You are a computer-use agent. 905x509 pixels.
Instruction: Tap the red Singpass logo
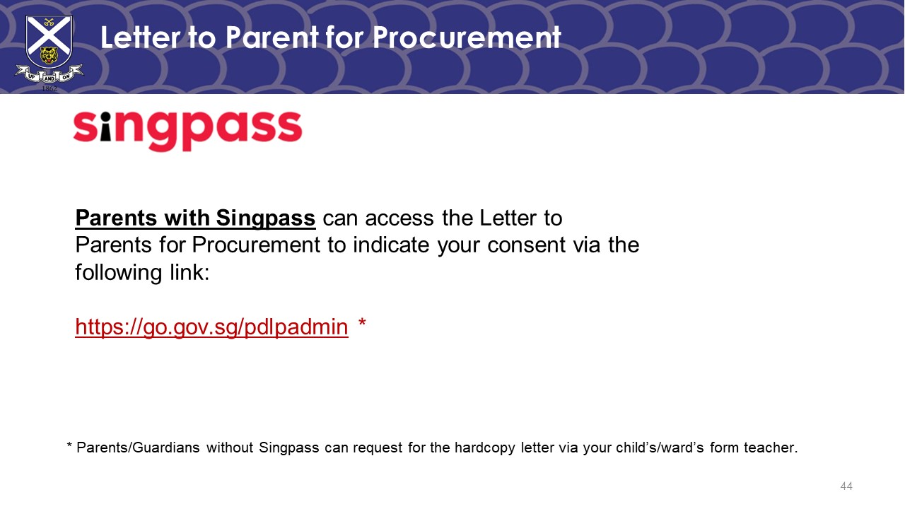pos(187,130)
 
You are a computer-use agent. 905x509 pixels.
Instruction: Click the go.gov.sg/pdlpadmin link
pos(211,327)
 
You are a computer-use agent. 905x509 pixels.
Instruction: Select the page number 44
pos(846,486)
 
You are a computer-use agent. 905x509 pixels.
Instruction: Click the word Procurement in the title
pos(466,38)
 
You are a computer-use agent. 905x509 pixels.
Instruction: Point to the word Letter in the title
pos(141,37)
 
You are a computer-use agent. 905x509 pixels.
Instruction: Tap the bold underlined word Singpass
pos(265,218)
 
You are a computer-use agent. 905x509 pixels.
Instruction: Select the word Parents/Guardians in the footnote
pos(138,447)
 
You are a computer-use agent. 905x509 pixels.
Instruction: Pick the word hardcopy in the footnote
pos(484,447)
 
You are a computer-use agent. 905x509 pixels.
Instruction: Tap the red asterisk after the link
pos(362,322)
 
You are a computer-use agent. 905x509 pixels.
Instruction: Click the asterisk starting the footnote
pos(69,445)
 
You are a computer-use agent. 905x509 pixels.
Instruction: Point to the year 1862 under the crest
pos(49,88)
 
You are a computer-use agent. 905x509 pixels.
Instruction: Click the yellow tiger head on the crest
pos(49,55)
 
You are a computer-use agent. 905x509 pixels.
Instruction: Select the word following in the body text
pos(118,273)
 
